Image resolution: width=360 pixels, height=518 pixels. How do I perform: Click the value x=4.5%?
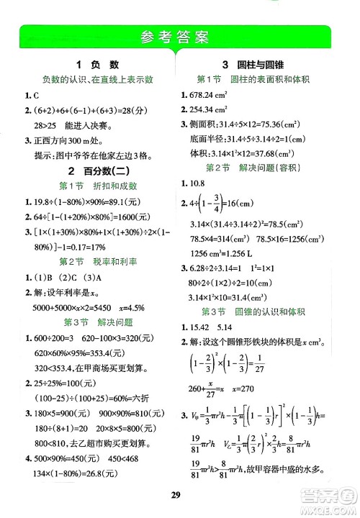133,306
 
